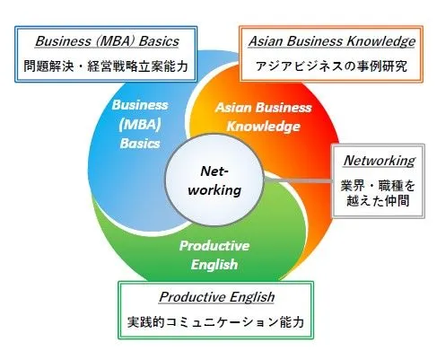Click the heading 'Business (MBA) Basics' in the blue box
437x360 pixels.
[107, 41]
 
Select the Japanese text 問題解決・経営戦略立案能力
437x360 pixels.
[106, 66]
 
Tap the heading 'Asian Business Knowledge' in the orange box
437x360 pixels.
[332, 41]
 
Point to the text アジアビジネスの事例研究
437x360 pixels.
[331, 66]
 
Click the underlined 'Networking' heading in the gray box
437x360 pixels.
[380, 161]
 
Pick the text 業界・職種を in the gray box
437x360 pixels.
[378, 186]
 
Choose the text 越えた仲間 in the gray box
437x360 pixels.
[378, 200]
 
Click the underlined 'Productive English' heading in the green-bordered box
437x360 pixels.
[217, 297]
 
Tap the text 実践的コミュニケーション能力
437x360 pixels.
[215, 322]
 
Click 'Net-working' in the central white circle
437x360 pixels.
[214, 180]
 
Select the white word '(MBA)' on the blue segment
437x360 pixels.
[140, 125]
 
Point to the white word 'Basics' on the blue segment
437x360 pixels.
[140, 144]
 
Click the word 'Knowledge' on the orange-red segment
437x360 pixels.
[264, 127]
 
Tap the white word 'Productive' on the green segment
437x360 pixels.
[214, 246]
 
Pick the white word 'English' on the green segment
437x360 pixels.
[214, 265]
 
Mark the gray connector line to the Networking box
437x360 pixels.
[299, 180]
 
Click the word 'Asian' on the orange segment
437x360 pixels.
[233, 108]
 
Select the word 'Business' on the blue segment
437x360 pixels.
[140, 105]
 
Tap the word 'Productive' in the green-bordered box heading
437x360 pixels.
[192, 297]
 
